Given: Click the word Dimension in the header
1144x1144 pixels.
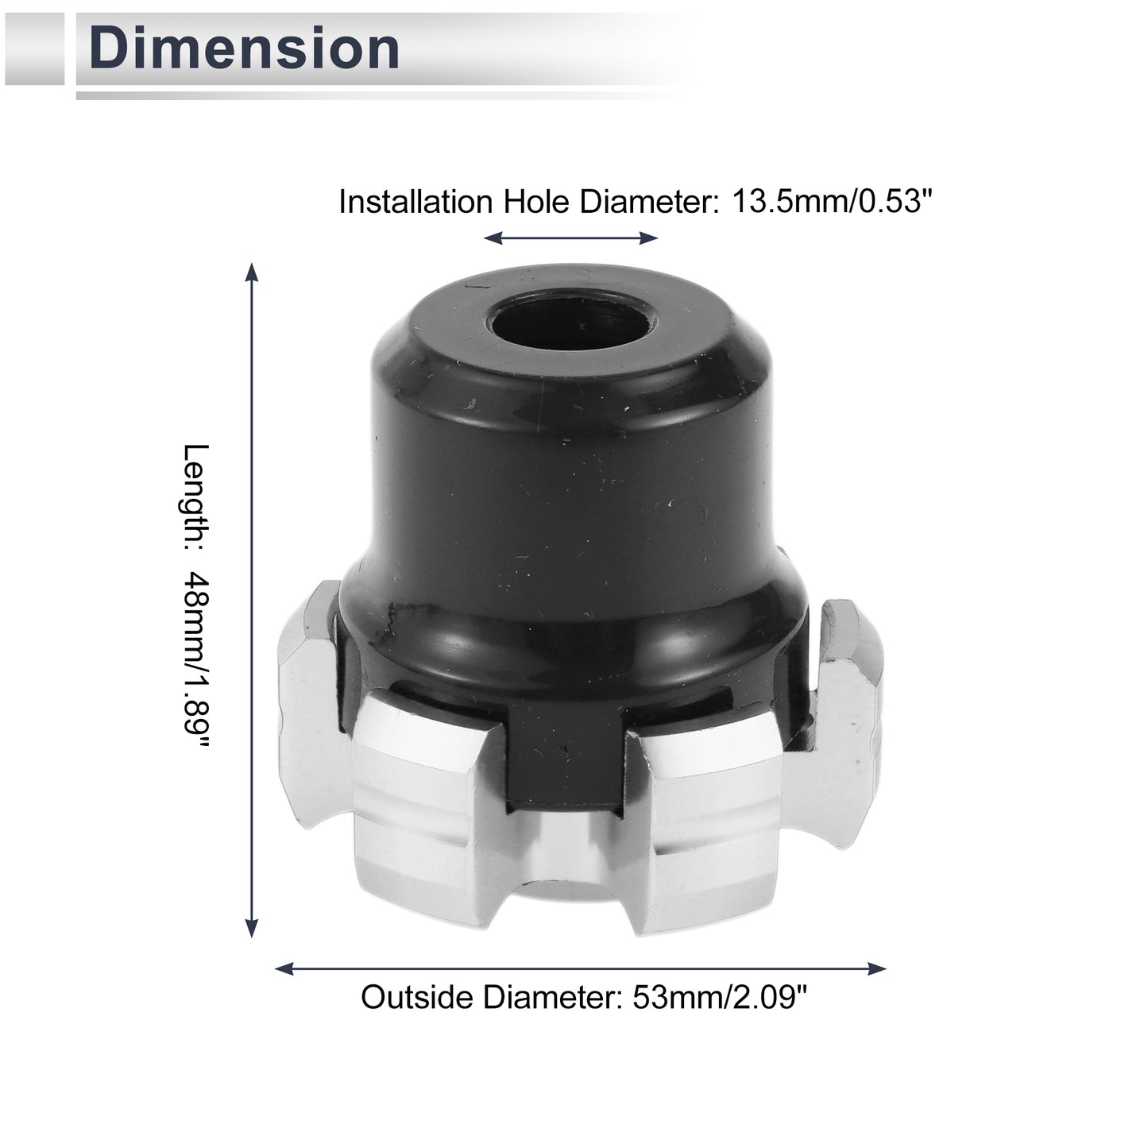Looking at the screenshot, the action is click(244, 48).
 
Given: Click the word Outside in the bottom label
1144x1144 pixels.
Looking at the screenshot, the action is click(418, 997).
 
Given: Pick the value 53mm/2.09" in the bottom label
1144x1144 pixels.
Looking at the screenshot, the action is click(720, 997).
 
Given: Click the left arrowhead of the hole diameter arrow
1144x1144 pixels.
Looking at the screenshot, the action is click(493, 238).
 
